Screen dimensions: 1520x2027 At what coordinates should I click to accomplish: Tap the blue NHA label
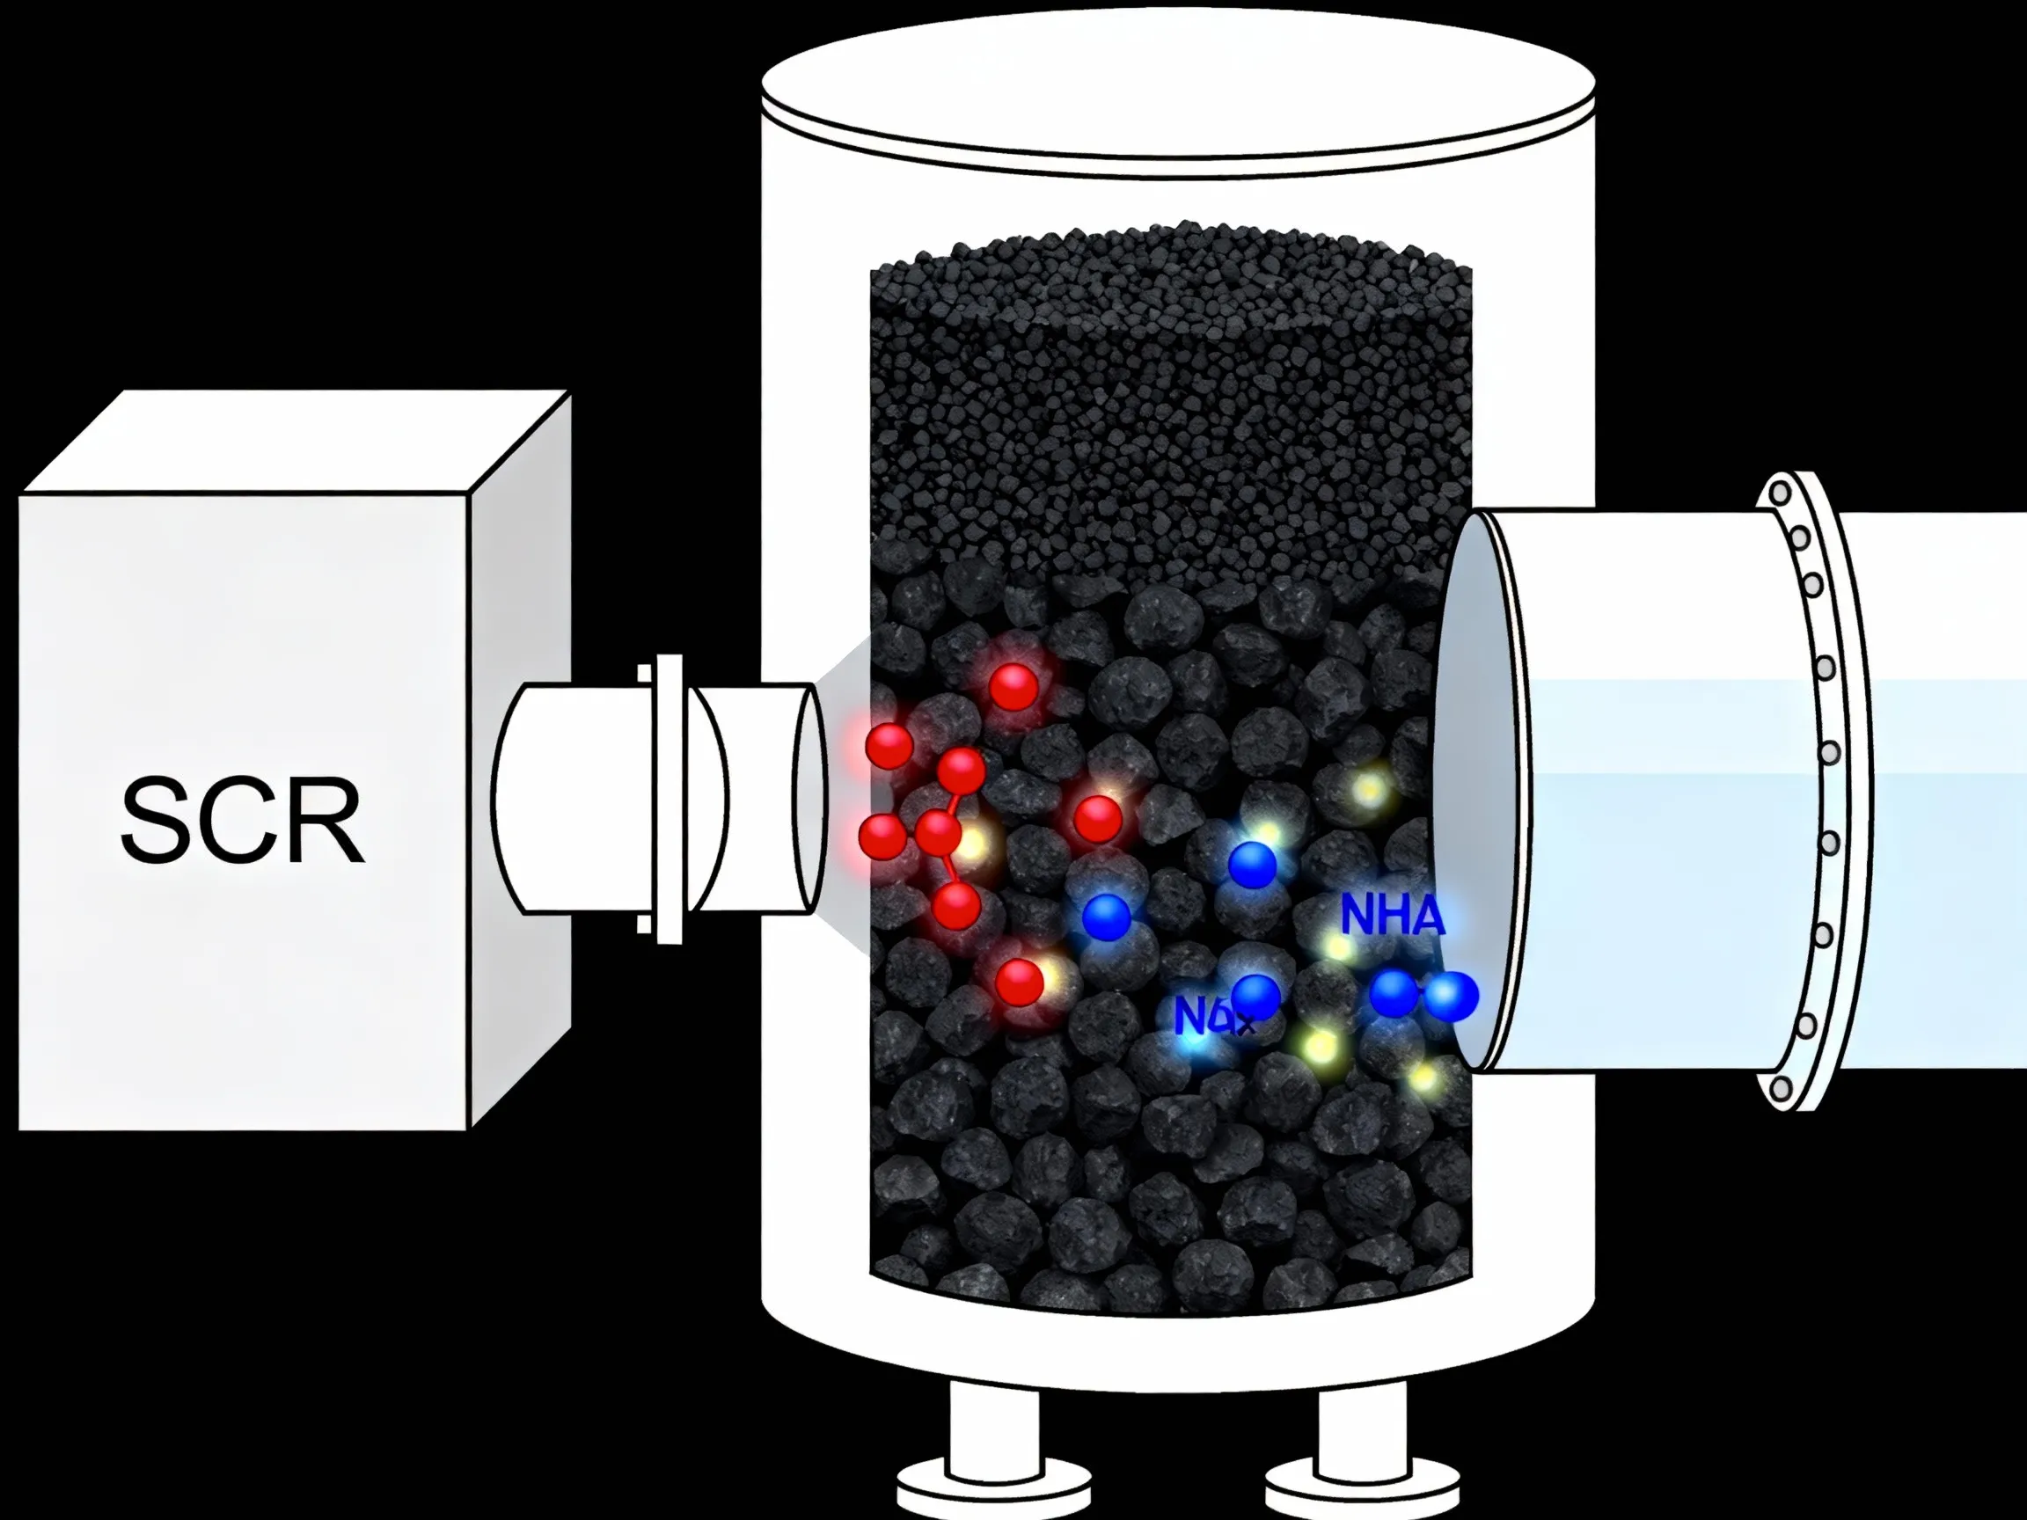[x=1392, y=915]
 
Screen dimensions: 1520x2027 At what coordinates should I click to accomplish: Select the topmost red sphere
[x=1013, y=686]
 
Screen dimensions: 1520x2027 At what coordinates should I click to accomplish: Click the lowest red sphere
[x=1019, y=983]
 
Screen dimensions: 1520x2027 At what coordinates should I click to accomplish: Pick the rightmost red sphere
[x=1097, y=819]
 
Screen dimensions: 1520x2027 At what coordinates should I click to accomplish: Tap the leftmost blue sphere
[x=1106, y=917]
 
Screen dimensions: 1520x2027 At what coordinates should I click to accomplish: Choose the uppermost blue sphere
[x=1252, y=863]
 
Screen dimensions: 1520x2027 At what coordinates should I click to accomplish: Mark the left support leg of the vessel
[x=994, y=1448]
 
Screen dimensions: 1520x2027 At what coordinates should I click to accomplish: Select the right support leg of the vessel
[x=1362, y=1448]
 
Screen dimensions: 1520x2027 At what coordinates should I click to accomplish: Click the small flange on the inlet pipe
[x=669, y=798]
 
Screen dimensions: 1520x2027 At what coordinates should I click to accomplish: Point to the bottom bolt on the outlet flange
[x=1782, y=1089]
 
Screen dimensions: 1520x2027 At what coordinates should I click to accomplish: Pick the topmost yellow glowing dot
[x=1369, y=788]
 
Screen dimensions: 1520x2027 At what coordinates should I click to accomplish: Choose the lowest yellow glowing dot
[x=1423, y=1078]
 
